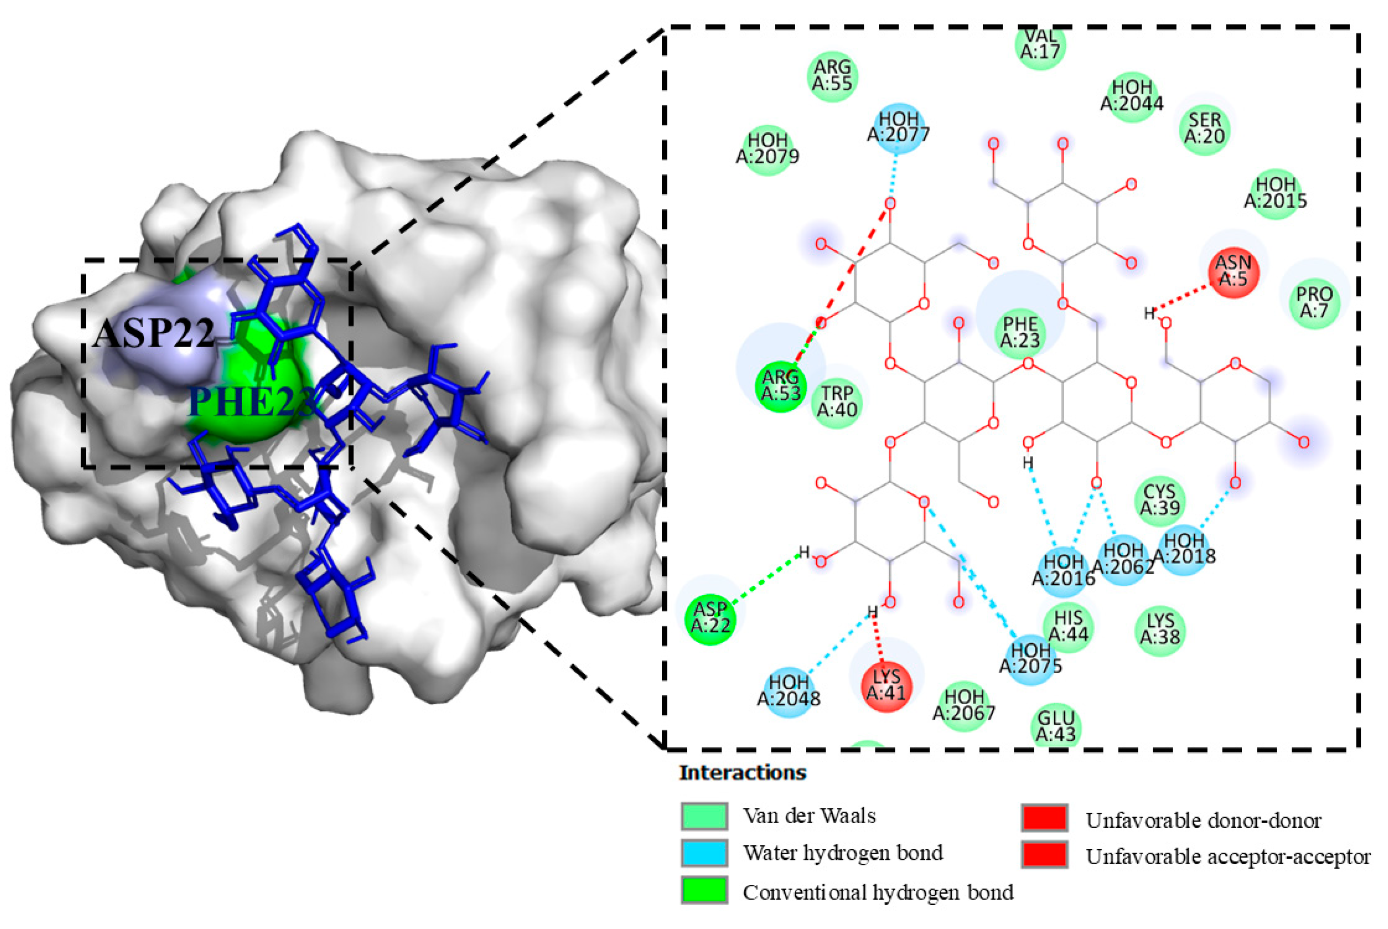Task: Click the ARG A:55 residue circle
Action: (832, 76)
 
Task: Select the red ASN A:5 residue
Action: (1233, 272)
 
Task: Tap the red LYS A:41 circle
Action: (886, 686)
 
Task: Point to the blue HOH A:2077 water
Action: (898, 127)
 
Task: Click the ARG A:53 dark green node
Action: (781, 386)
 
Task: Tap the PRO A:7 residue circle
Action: (1314, 302)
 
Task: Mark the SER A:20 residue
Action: (1204, 128)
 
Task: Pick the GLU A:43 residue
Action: (1056, 727)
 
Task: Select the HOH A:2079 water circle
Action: (768, 149)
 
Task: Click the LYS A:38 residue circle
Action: (1160, 630)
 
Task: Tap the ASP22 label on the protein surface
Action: (154, 333)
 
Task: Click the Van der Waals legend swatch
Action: (704, 816)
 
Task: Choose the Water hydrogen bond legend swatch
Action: (704, 853)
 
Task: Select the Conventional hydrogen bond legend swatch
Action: (704, 890)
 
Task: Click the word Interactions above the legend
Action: (742, 773)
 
